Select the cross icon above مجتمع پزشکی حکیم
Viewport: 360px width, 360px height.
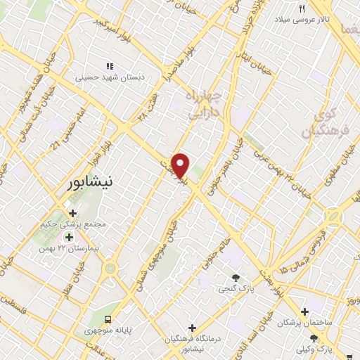(72, 212)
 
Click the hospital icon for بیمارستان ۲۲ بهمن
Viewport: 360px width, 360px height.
(68, 237)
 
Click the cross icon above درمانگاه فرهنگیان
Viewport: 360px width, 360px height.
(192, 328)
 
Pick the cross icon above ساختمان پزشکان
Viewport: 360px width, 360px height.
(304, 311)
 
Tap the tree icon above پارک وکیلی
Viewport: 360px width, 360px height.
(323, 337)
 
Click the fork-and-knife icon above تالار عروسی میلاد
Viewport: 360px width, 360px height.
(302, 8)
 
